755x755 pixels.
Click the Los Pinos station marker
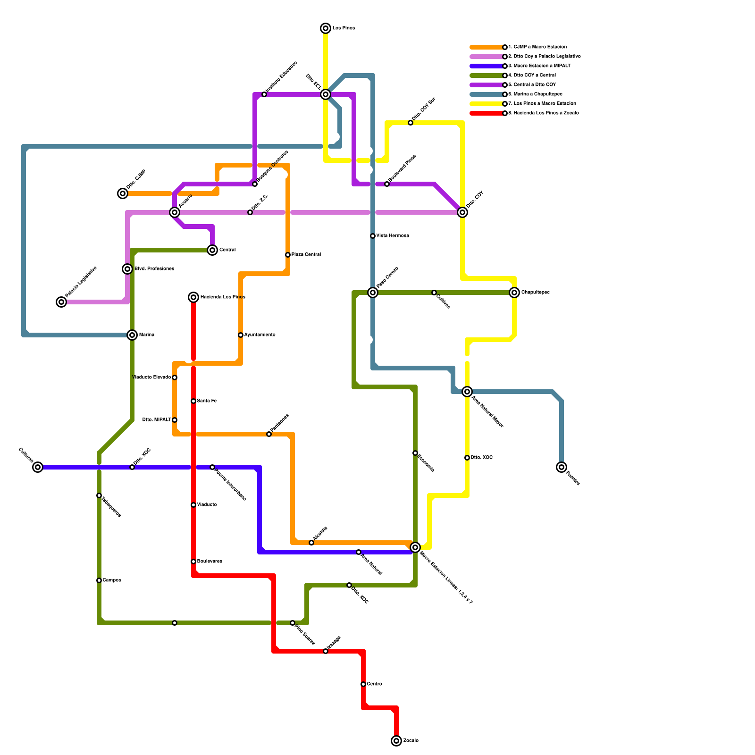coord(326,28)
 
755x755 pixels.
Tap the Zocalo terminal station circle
coord(396,741)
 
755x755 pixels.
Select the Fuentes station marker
coord(562,467)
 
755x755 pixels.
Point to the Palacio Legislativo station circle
coord(61,302)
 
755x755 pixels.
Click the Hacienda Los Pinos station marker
coord(193,297)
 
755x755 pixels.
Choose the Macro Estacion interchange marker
coord(415,547)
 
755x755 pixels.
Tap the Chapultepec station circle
coord(514,293)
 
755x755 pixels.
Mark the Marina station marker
coord(132,335)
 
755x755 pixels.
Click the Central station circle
coord(212,250)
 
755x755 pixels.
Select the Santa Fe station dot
coord(193,401)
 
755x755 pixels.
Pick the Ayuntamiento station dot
coord(241,335)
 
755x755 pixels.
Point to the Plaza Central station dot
coord(288,255)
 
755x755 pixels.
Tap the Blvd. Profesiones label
coord(154,269)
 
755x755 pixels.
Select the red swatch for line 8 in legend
coord(486,113)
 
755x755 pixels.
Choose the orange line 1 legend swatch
coord(486,47)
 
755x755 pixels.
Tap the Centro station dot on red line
coord(363,684)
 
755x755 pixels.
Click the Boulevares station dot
coord(193,562)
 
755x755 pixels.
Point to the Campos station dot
coord(99,580)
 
